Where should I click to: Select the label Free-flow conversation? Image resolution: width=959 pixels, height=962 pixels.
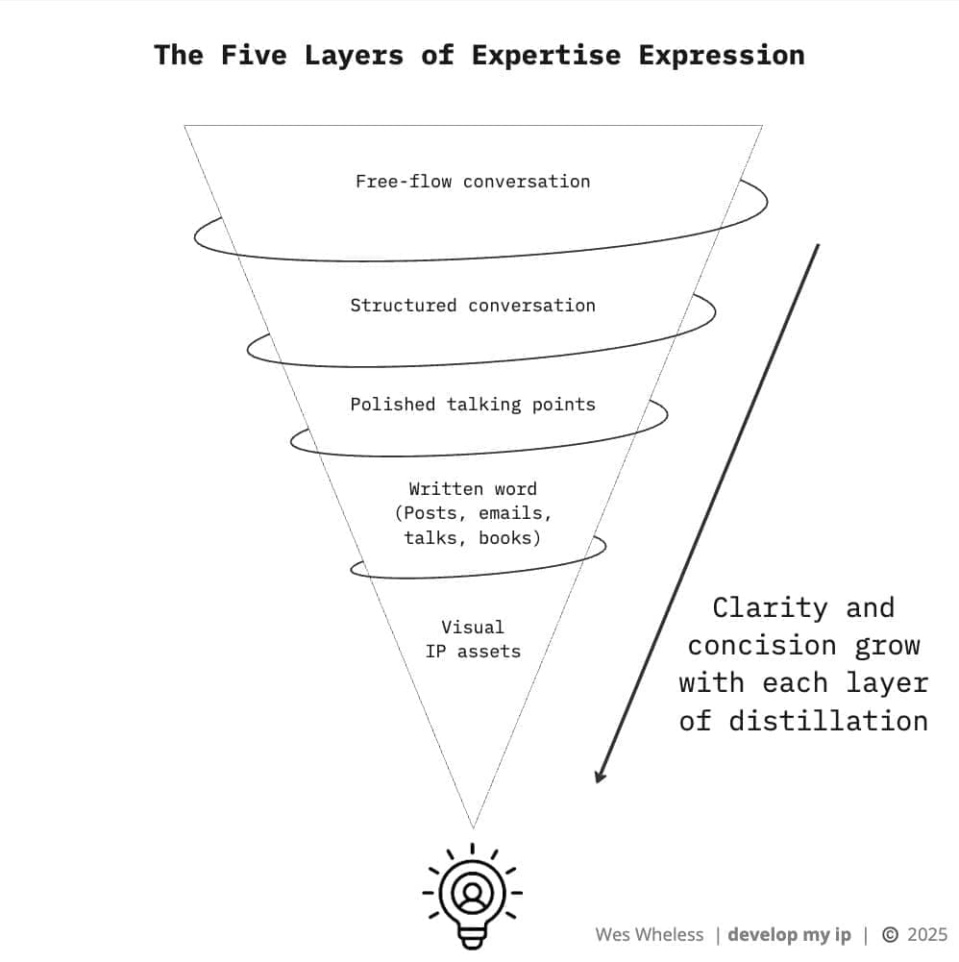(x=473, y=182)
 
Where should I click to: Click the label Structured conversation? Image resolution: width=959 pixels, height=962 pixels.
(x=473, y=306)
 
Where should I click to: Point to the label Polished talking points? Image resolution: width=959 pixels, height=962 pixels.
(x=473, y=405)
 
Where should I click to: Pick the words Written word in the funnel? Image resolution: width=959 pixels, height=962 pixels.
(x=473, y=488)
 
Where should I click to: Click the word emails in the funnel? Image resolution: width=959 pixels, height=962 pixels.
(x=515, y=513)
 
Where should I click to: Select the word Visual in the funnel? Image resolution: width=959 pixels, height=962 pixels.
(x=473, y=627)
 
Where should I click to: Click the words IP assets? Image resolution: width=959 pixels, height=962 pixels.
(x=473, y=652)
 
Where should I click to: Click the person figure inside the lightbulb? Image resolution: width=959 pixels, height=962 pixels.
(x=473, y=894)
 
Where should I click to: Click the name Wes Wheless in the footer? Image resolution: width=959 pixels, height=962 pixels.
(x=650, y=935)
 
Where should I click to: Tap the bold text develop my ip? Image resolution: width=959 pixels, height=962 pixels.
(x=789, y=935)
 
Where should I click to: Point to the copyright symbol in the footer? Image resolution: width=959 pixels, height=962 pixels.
(x=890, y=935)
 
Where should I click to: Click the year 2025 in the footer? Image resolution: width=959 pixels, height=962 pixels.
(x=927, y=935)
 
